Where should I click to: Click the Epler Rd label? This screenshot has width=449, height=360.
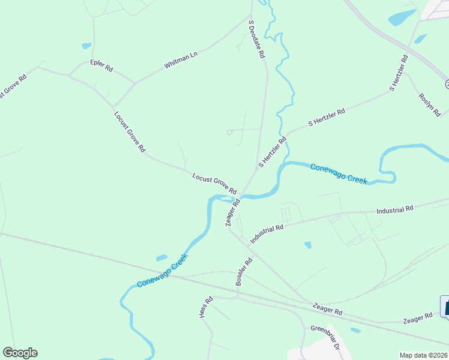(101, 66)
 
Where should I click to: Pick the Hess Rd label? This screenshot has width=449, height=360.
(206, 307)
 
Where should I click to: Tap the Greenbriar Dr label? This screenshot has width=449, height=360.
(325, 338)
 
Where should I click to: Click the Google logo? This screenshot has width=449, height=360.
(20, 353)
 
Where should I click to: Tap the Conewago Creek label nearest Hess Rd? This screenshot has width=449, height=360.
(162, 271)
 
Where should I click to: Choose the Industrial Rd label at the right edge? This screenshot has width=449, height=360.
(395, 210)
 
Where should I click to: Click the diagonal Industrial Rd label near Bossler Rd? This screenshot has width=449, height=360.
(267, 233)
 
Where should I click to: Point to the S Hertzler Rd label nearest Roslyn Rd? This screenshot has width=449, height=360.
(399, 73)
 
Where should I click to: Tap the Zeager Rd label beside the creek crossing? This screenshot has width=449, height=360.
(232, 212)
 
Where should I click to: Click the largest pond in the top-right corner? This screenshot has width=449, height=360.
(402, 17)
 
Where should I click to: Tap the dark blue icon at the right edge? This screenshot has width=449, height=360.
(445, 306)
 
